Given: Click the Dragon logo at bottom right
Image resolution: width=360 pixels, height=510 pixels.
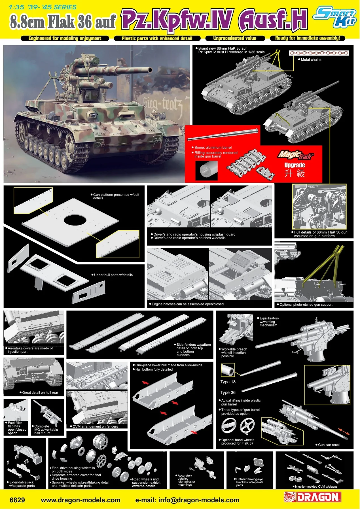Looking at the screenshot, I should point(312,497).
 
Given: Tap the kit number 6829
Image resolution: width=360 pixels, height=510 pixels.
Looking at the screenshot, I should point(17,500).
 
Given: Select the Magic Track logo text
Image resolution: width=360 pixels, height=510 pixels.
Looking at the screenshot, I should point(296,155).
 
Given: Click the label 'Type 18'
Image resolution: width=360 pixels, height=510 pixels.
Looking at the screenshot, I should point(228,382).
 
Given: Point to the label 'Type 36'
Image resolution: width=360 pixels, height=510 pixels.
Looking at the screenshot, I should point(228,393).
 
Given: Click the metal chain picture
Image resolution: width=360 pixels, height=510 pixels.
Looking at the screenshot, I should point(319,53).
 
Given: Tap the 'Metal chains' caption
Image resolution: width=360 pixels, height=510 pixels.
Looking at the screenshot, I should point(311,60).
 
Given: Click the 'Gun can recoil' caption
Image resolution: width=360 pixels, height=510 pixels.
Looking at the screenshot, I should point(329,445).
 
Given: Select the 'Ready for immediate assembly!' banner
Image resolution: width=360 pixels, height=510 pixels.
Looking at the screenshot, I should point(307,38).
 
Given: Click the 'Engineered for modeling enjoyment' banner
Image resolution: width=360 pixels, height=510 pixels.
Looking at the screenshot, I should point(65,39).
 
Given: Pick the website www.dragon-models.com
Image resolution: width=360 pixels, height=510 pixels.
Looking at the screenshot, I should point(81,500).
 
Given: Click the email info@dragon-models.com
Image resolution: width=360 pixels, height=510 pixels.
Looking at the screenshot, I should point(187,500).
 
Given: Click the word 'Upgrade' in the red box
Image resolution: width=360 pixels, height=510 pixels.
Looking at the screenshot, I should point(295,165).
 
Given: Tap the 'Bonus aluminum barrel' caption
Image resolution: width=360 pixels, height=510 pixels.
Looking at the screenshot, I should point(213,148).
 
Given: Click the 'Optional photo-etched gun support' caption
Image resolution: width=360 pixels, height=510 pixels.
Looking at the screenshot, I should point(306,305).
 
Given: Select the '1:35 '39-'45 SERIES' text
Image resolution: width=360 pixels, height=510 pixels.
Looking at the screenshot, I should point(43,7).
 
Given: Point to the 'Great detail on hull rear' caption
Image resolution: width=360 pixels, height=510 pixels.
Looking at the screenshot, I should point(40,393).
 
